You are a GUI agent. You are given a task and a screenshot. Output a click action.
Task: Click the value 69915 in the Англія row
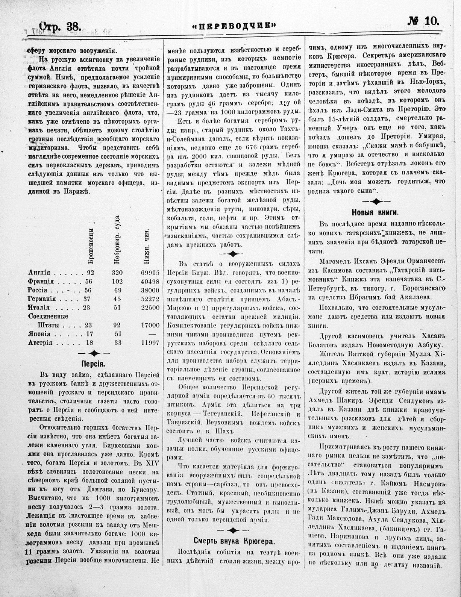[x=150, y=273]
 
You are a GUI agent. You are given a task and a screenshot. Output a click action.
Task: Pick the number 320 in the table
[x=118, y=273]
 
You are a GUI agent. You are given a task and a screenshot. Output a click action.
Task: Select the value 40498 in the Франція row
[x=150, y=282]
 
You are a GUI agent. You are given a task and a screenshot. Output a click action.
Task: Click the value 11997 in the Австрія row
[x=150, y=342]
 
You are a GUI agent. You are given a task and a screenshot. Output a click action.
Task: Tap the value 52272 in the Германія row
[x=150, y=299]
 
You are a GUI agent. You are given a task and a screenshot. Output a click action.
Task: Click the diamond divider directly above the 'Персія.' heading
[x=93, y=353]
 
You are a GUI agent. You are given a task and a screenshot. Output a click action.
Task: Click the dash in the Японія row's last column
[x=153, y=334]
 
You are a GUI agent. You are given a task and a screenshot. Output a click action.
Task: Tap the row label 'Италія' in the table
[x=39, y=308]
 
